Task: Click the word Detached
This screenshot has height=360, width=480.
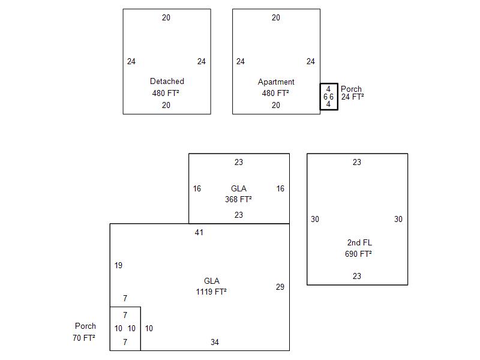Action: click(x=167, y=81)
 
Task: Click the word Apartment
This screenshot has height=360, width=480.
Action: click(x=276, y=82)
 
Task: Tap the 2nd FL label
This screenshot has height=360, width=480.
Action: click(x=359, y=243)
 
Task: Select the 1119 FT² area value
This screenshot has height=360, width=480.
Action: click(x=211, y=292)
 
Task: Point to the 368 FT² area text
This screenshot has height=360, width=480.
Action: click(x=238, y=199)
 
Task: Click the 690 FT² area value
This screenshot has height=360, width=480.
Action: click(x=358, y=254)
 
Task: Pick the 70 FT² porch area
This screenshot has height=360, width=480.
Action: click(x=84, y=338)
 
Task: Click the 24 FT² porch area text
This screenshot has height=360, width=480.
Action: click(x=353, y=97)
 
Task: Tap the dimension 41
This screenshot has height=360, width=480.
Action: click(x=199, y=232)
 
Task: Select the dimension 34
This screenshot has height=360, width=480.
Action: click(x=215, y=342)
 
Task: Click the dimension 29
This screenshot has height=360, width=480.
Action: click(x=280, y=287)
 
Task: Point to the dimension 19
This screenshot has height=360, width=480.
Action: click(x=118, y=265)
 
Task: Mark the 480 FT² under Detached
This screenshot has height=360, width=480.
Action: click(x=166, y=93)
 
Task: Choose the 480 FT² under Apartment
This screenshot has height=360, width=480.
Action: click(x=275, y=93)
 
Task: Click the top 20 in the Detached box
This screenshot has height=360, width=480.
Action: click(x=166, y=18)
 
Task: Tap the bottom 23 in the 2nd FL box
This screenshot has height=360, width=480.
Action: click(x=357, y=276)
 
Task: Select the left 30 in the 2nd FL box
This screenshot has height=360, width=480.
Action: click(x=315, y=219)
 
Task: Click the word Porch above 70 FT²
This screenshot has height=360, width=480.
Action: click(x=85, y=326)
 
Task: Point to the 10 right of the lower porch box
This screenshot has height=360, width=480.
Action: click(x=149, y=328)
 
